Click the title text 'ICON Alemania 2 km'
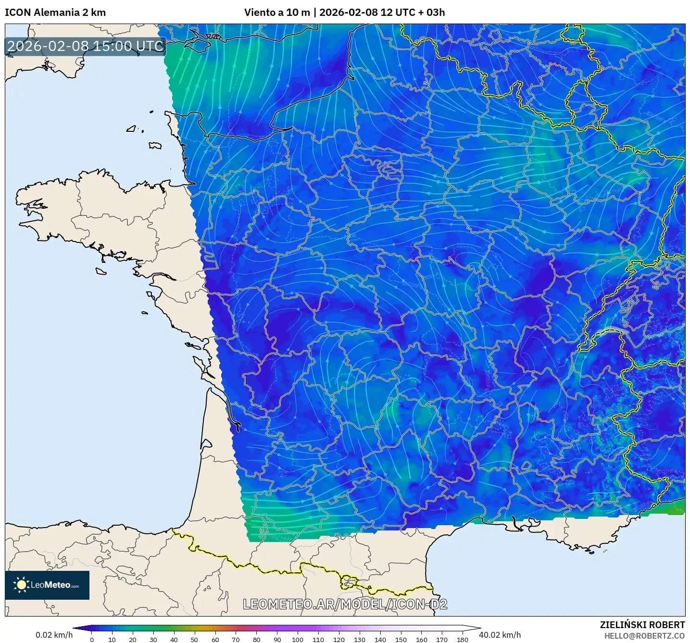click(x=55, y=13)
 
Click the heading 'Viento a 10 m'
click(x=277, y=13)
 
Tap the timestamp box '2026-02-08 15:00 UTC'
click(x=86, y=46)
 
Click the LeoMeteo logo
click(x=47, y=585)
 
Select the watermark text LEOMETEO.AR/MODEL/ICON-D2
click(x=345, y=604)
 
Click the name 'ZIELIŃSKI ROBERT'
click(x=642, y=625)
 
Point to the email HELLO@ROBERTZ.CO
click(x=644, y=636)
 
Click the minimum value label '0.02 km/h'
click(x=54, y=635)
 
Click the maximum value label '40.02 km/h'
click(x=500, y=635)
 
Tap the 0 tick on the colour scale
click(x=92, y=639)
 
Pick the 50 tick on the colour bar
click(x=194, y=639)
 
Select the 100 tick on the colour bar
click(x=298, y=639)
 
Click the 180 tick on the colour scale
click(x=462, y=639)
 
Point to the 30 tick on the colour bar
click(x=153, y=639)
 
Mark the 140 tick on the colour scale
click(x=380, y=639)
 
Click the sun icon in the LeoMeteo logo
click(x=22, y=585)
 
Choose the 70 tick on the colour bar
click(x=236, y=639)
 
